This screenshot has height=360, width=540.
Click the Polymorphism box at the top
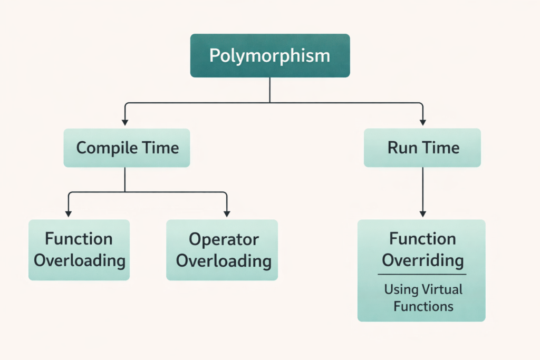269,55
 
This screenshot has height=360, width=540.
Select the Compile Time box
127,148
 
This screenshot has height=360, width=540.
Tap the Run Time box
422,148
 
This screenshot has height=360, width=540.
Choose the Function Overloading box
79,250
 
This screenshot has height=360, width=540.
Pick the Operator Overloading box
222,250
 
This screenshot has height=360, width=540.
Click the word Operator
224,239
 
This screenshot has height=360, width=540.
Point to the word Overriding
423,260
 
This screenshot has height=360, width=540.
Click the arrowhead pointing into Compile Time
125,122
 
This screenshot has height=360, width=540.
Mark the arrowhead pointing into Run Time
422,122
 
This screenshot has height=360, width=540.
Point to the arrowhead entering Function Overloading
68,213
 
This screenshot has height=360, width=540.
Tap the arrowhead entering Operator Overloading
227,213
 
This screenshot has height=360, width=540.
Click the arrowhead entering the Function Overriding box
422,213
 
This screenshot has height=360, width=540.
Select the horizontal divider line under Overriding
422,274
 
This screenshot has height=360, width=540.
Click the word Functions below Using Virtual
423,306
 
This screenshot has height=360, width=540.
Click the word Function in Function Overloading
79,239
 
